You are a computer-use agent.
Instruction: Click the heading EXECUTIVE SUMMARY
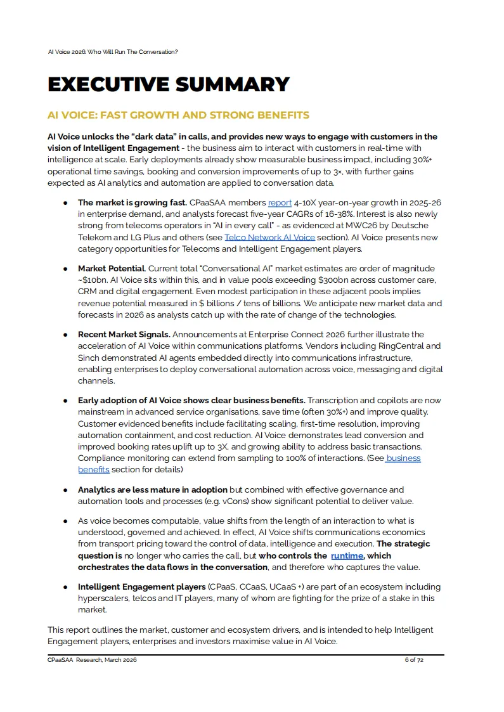coord(169,84)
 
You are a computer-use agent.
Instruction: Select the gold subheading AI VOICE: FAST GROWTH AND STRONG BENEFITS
coord(178,115)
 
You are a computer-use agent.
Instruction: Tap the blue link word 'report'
coord(280,203)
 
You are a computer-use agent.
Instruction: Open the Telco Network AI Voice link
coord(269,237)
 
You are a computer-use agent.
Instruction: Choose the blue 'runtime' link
coord(347,555)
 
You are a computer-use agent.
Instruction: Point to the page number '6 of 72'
coord(413,660)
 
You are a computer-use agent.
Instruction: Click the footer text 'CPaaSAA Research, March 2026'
coord(92,660)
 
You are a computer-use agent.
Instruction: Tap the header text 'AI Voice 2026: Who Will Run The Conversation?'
coord(113,51)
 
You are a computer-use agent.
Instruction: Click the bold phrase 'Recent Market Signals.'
coord(124,334)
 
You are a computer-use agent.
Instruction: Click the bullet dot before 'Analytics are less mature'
coord(65,489)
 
